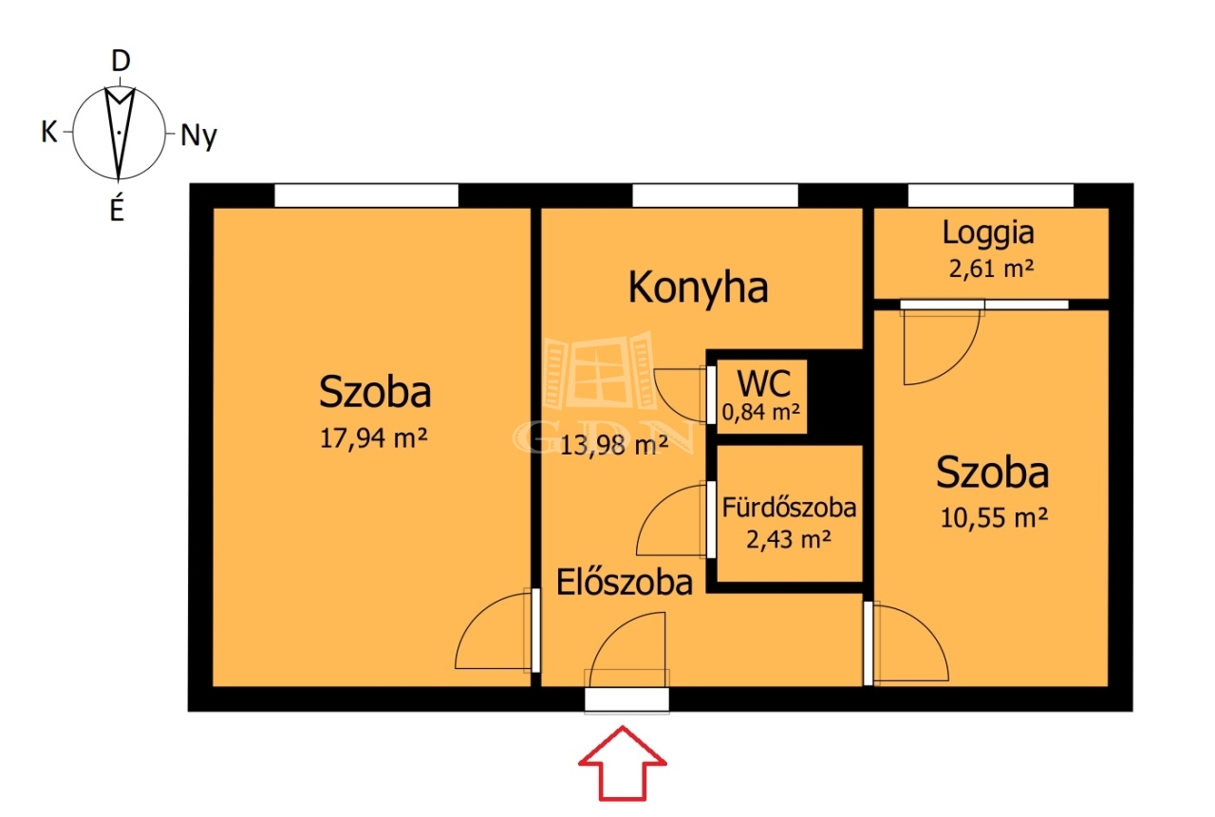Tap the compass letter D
pyautogui.click(x=121, y=61)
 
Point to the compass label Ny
pyautogui.click(x=198, y=136)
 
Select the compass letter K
pyautogui.click(x=49, y=132)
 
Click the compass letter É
pyautogui.click(x=117, y=207)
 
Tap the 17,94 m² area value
pyautogui.click(x=374, y=438)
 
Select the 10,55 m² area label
pyautogui.click(x=994, y=518)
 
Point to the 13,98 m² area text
pyautogui.click(x=613, y=445)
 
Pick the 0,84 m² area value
pyautogui.click(x=761, y=413)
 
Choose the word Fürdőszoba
pyautogui.click(x=789, y=508)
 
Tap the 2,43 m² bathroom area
pyautogui.click(x=789, y=539)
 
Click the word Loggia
pyautogui.click(x=988, y=233)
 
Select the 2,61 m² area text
pyautogui.click(x=992, y=269)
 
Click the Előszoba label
pyautogui.click(x=625, y=583)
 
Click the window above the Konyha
pyautogui.click(x=715, y=195)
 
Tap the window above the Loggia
pyautogui.click(x=990, y=195)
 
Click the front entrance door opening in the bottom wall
pyautogui.click(x=626, y=699)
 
